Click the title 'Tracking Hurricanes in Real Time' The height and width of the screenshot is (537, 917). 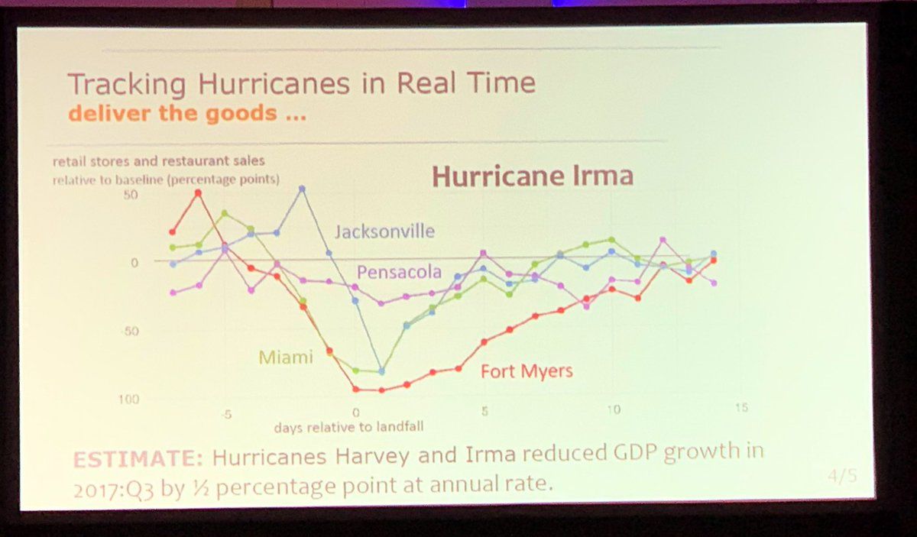301,85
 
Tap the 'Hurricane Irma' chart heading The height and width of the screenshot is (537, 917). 533,176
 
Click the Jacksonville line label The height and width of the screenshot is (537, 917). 384,231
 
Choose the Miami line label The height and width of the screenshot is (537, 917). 286,356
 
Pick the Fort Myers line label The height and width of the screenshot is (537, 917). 526,371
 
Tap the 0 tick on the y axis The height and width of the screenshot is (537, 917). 134,262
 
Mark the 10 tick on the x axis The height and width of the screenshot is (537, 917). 612,409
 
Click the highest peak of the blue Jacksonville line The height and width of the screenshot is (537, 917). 302,188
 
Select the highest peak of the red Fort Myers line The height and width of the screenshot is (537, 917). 198,192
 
